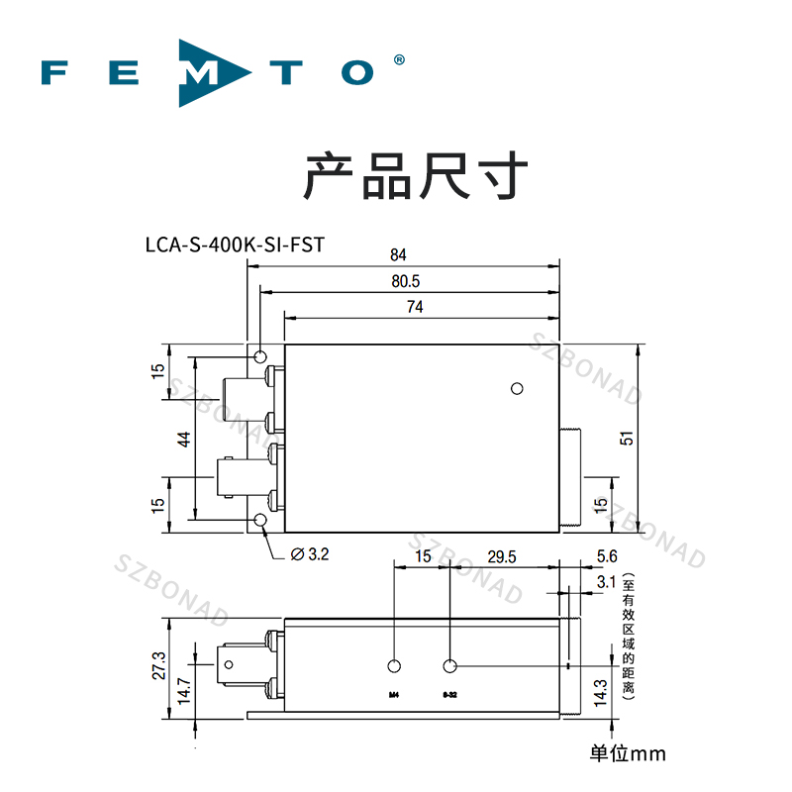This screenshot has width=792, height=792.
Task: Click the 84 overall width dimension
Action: coord(399,253)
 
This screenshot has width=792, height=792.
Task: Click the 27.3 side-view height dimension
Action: coord(155,665)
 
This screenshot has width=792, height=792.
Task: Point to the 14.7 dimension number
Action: coord(183,689)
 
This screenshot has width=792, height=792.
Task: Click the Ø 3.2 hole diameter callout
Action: coord(309,555)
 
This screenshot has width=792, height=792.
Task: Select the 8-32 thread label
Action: coord(450,694)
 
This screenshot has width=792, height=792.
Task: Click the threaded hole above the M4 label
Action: coord(395,666)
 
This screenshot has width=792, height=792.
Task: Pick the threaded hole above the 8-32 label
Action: coord(450,666)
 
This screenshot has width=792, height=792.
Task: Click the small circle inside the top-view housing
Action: coord(516,388)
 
